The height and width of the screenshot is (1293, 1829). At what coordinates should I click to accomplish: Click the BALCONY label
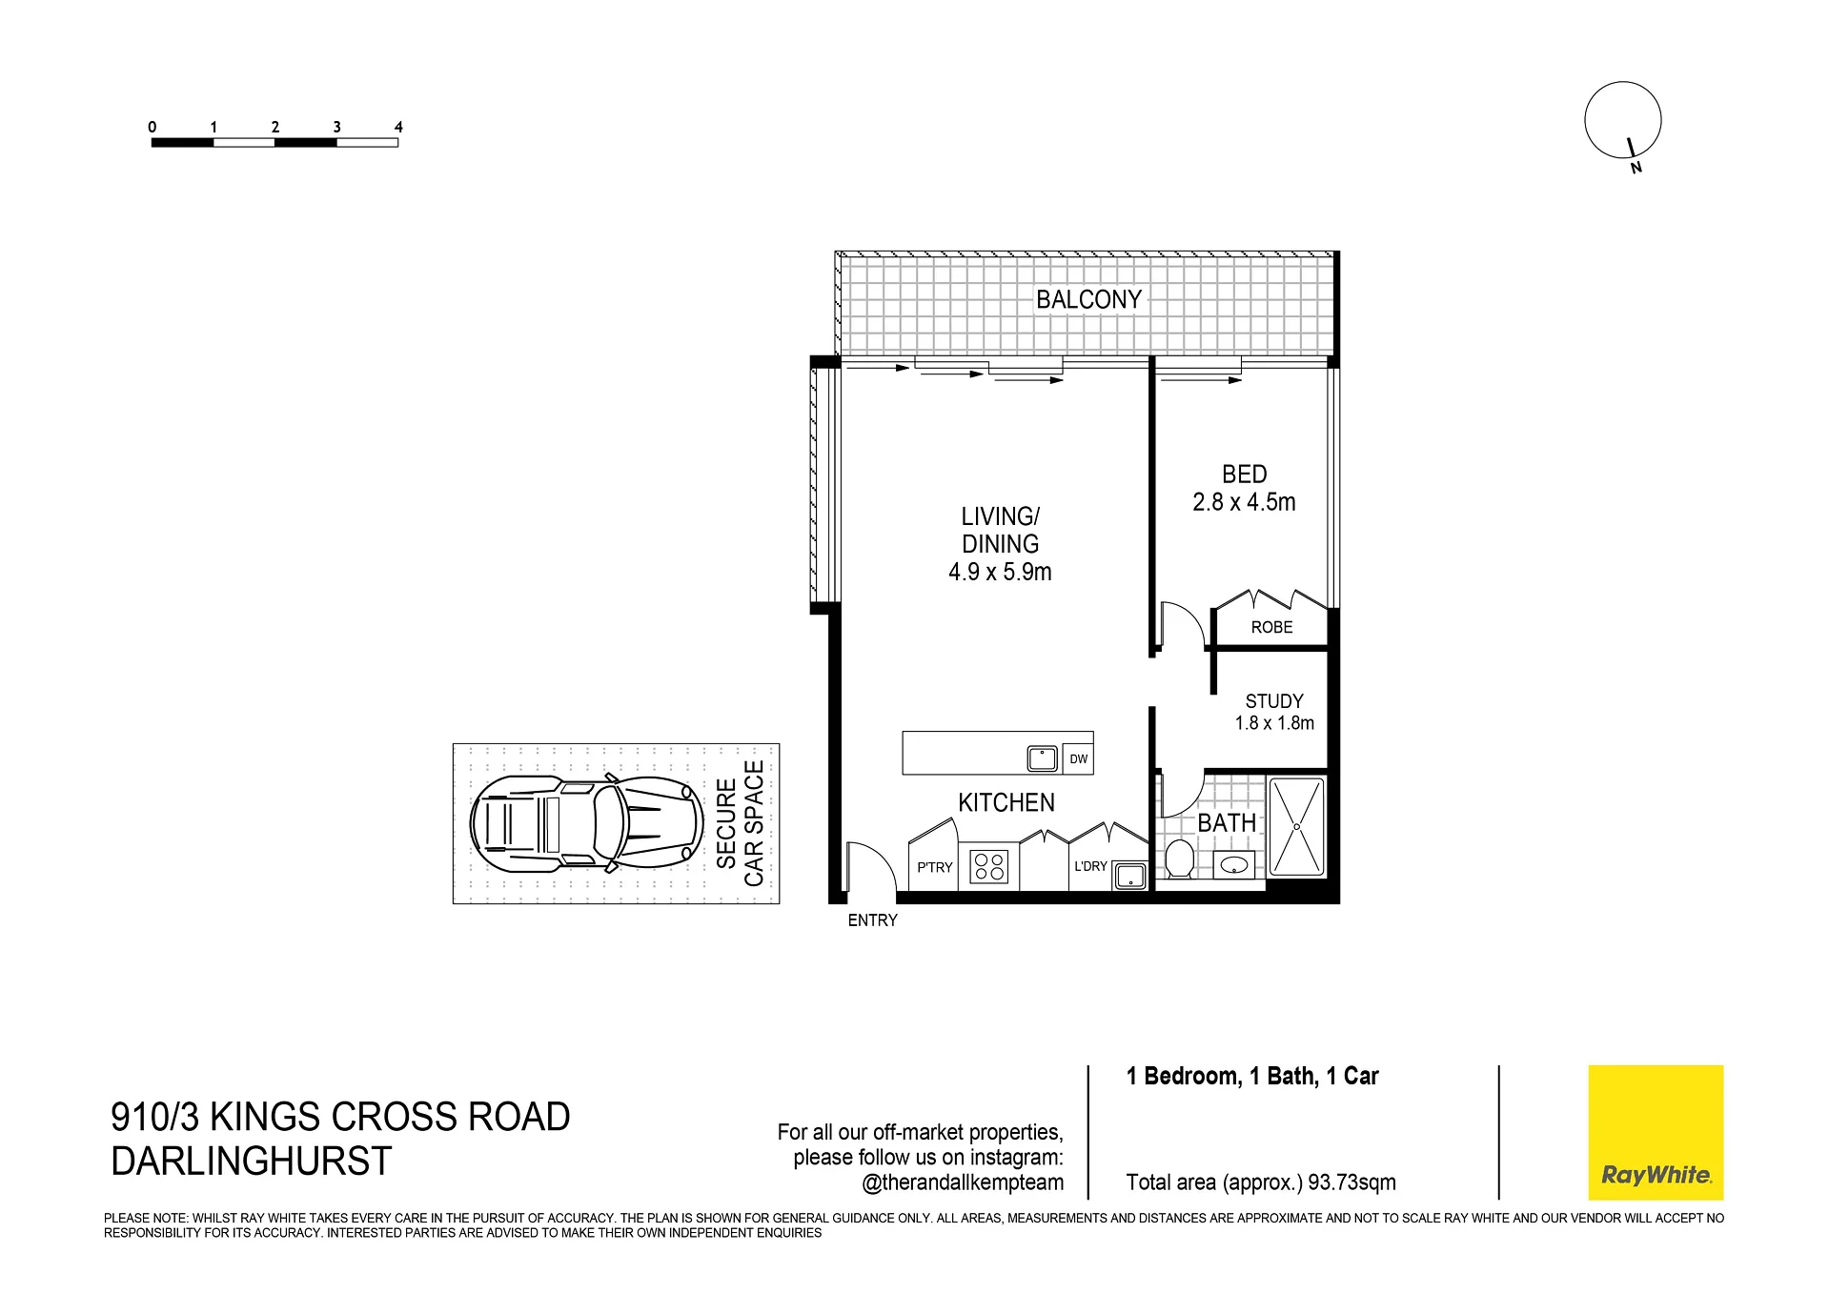[1088, 299]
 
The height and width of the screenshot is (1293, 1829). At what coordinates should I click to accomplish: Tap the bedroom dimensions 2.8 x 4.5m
[1244, 502]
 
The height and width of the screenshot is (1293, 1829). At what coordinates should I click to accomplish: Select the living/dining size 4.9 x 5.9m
[1000, 572]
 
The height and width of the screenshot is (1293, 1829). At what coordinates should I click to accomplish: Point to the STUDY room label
[1274, 701]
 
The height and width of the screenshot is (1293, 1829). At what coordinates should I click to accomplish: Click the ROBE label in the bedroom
[1271, 627]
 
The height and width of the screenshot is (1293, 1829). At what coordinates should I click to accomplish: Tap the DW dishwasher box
[1078, 758]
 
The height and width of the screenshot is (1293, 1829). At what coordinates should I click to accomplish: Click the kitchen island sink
[1042, 758]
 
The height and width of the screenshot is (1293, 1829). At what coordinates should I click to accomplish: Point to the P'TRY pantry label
[934, 867]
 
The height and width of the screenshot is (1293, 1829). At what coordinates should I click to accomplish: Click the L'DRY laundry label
[1090, 866]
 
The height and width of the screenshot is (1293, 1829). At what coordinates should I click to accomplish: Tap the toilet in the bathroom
[1180, 859]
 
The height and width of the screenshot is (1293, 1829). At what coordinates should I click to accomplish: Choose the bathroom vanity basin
[1235, 865]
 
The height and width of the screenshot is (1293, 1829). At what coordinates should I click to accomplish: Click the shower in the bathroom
[1296, 827]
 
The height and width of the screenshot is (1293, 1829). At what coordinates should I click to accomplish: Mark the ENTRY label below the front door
[872, 920]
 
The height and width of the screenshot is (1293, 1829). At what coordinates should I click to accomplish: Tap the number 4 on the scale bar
[398, 127]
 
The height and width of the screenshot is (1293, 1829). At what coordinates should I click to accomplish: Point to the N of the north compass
[1636, 169]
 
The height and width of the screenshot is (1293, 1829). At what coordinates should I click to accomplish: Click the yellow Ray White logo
[1656, 1132]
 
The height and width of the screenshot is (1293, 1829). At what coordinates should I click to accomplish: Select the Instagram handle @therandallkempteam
[963, 1182]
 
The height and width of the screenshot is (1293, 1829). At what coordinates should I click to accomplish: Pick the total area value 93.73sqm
[1351, 1182]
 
